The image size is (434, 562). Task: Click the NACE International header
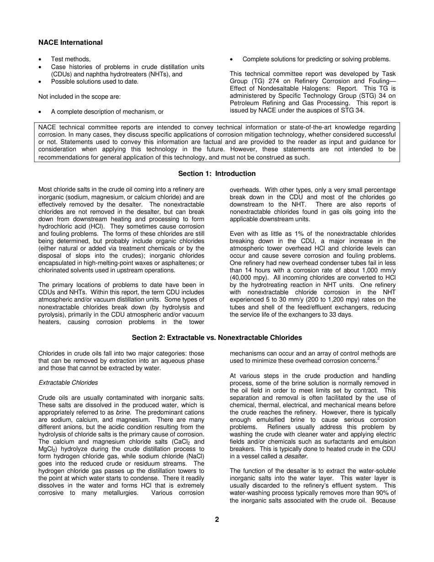click(70, 42)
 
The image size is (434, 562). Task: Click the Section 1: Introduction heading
click(217, 174)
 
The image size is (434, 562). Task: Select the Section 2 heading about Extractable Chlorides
click(217, 338)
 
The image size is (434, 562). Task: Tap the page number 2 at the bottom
click(217, 519)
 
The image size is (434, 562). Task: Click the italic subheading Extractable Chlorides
click(68, 383)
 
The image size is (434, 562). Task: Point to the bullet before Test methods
click(41, 59)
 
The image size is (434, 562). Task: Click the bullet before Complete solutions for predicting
click(232, 59)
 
